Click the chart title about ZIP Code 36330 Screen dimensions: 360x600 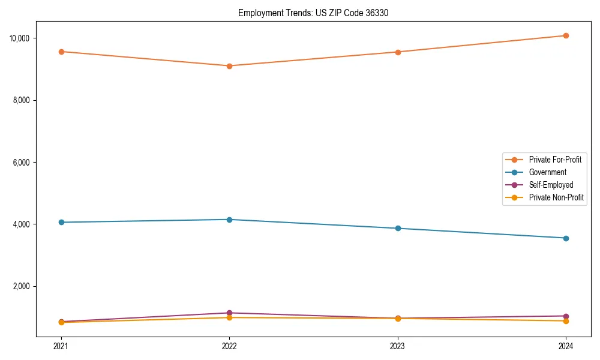pos(313,13)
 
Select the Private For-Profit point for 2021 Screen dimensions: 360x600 pos(61,52)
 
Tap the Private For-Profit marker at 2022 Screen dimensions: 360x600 pos(229,66)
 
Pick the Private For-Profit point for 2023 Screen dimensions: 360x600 pos(398,52)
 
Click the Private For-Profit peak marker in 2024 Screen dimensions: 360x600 pos(566,36)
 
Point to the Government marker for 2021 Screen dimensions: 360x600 pos(61,223)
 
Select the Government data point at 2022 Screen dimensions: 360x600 pos(229,220)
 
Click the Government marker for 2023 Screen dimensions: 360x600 pos(398,229)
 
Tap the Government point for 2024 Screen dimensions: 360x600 pos(566,238)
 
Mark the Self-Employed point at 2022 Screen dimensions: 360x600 pos(229,313)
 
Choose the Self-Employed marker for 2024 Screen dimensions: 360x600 pos(566,316)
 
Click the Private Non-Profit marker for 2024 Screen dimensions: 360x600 pos(566,321)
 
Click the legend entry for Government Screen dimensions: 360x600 pos(547,173)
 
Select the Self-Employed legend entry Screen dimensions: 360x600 pos(551,185)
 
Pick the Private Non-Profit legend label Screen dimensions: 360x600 pos(556,197)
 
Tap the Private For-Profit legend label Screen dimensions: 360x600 pos(555,160)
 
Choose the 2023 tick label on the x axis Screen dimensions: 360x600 pos(398,346)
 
